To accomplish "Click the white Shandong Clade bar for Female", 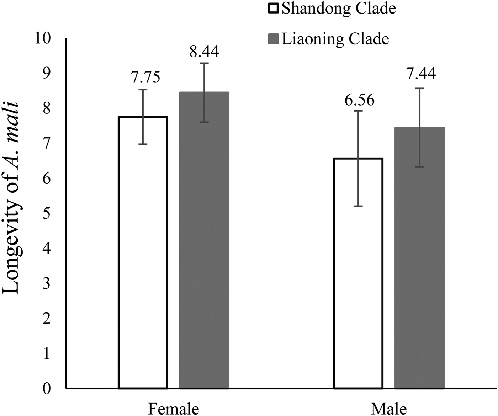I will [x=143, y=252].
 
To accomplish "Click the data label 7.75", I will [x=146, y=77].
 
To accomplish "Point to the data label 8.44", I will [x=204, y=52].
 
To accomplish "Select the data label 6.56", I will [x=359, y=100].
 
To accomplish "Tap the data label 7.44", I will [x=421, y=74].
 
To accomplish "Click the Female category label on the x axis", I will [x=173, y=409].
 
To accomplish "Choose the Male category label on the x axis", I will [x=389, y=409].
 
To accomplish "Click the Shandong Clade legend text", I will [x=339, y=9].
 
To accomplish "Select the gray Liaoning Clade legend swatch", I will [x=273, y=38].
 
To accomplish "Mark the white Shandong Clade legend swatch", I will [x=273, y=8].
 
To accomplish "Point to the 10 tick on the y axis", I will [x=43, y=38].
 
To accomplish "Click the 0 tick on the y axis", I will [x=47, y=388].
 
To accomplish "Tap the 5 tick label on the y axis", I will [x=47, y=213].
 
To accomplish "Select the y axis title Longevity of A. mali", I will [x=11, y=198].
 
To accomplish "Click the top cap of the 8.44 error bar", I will [x=204, y=63].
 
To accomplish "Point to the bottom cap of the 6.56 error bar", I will [x=358, y=206].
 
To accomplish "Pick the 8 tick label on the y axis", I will [x=47, y=108].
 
